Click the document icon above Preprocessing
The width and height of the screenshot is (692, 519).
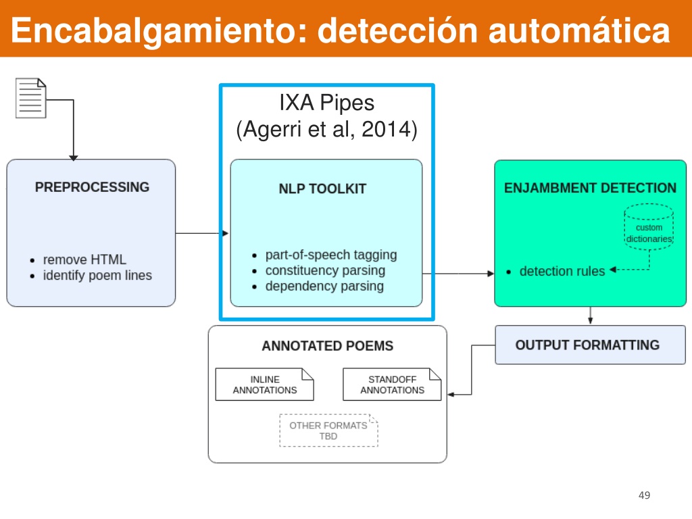tap(31, 98)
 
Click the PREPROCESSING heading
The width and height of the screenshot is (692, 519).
tap(92, 187)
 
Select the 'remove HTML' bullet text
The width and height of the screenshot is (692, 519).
tap(84, 259)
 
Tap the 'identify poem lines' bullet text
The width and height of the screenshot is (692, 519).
tap(97, 276)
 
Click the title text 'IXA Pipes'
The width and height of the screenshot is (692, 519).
tap(326, 103)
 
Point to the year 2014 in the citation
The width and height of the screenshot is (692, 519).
tap(386, 129)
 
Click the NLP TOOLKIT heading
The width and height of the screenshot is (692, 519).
tap(322, 189)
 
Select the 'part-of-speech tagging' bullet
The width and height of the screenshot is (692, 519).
tap(331, 255)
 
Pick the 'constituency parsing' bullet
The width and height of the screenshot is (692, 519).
tap(325, 270)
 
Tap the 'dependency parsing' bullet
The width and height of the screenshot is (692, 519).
tap(324, 286)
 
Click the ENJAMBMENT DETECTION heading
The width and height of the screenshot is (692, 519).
tap(590, 188)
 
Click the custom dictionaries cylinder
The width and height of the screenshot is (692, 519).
tap(649, 227)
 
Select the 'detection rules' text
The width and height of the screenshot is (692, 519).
tap(562, 271)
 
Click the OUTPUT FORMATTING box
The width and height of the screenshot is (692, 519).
tap(590, 345)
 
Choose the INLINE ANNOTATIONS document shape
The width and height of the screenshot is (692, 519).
tap(265, 385)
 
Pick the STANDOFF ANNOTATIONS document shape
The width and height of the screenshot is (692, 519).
tap(392, 385)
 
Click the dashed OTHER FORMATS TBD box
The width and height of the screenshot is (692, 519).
tap(329, 430)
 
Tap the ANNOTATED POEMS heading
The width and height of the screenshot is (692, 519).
tap(328, 346)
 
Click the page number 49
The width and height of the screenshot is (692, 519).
tap(644, 495)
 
